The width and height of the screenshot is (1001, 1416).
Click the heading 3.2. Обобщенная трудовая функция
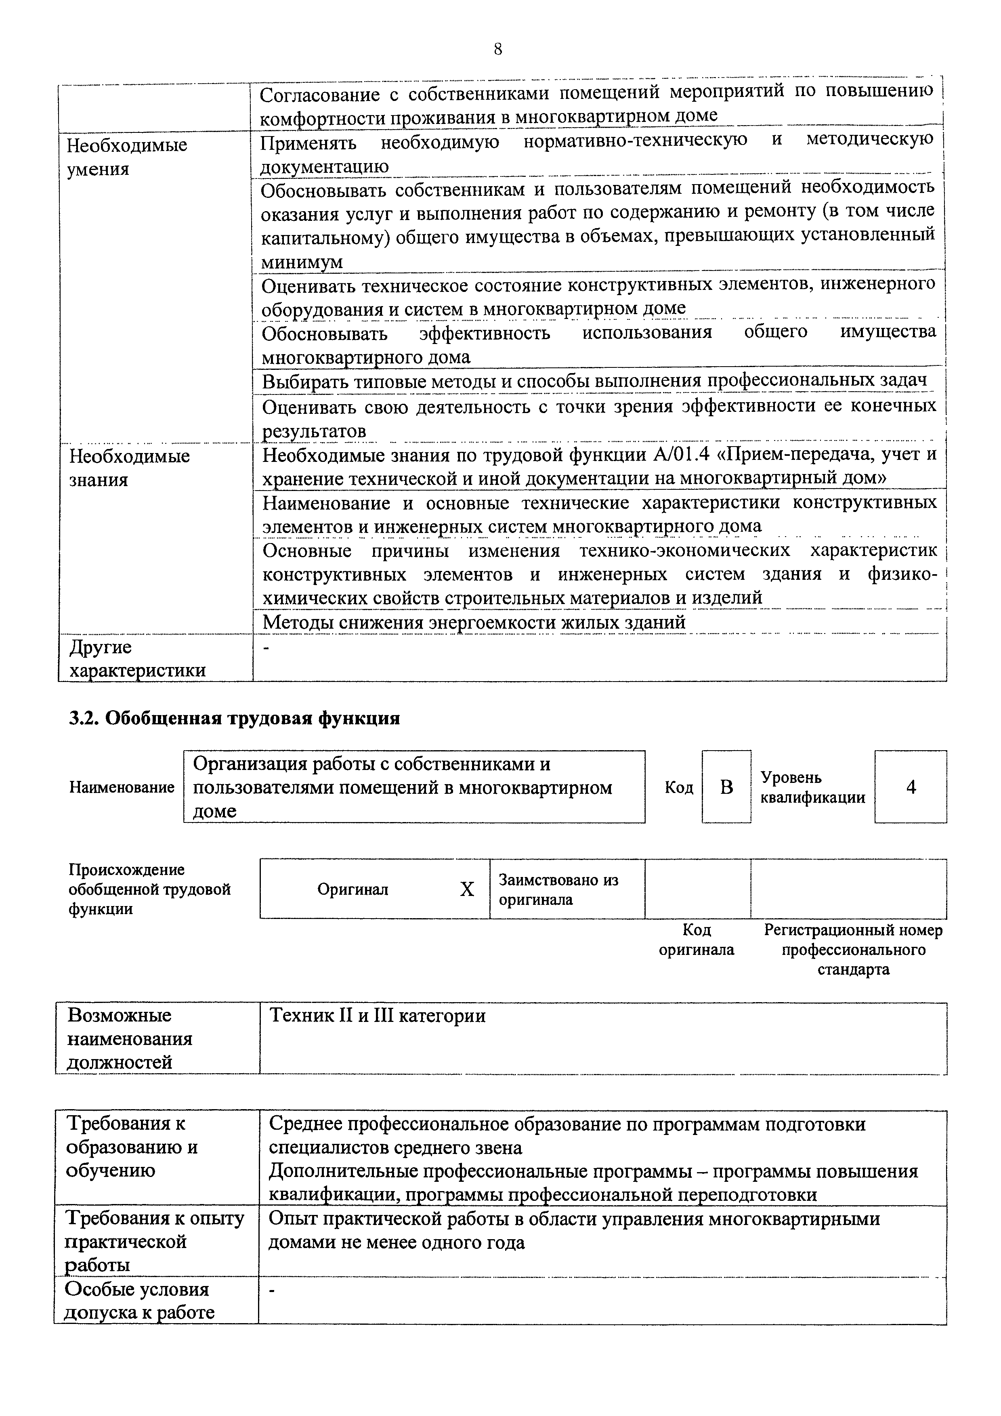click(x=234, y=718)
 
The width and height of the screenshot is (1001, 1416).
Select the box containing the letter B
click(x=726, y=787)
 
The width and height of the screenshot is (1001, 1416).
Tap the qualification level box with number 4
click(x=910, y=787)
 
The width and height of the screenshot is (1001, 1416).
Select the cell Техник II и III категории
click(x=378, y=1016)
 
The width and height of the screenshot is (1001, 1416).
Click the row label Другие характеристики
click(x=137, y=659)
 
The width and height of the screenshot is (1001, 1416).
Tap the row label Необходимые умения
click(x=126, y=157)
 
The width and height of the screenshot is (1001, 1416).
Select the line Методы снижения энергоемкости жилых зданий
click(x=474, y=622)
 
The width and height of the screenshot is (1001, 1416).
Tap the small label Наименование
click(x=122, y=788)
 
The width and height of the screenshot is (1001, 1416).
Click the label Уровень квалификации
click(x=812, y=787)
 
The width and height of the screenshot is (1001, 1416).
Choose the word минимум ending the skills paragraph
click(x=302, y=262)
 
